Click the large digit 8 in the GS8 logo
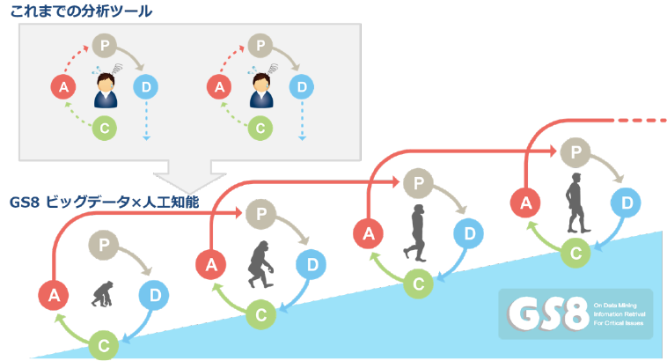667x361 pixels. pyautogui.click(x=572, y=311)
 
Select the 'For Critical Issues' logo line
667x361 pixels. pyautogui.click(x=620, y=323)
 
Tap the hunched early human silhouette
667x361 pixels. pyautogui.click(x=416, y=232)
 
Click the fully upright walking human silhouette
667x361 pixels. pyautogui.click(x=575, y=202)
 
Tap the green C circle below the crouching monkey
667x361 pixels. pyautogui.click(x=102, y=342)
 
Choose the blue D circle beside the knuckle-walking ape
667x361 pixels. pyautogui.click(x=309, y=263)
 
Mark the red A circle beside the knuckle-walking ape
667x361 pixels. pyautogui.click(x=211, y=263)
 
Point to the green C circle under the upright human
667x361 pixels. pyautogui.click(x=576, y=253)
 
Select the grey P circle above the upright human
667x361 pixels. pyautogui.click(x=575, y=151)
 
